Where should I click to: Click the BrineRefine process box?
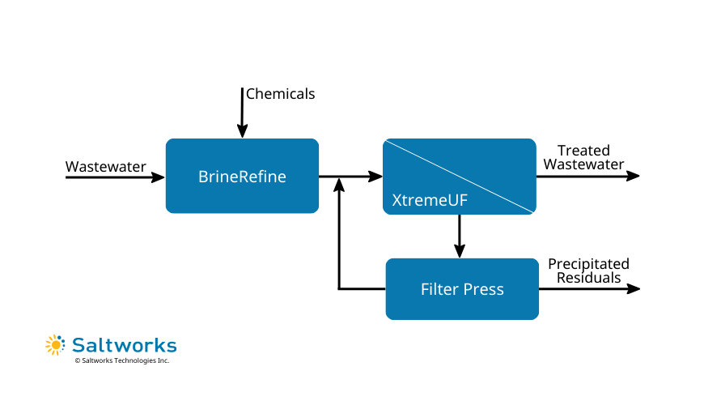click(242, 176)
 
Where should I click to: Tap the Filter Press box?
click(462, 289)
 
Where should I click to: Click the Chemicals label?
click(280, 94)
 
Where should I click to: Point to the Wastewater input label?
click(106, 167)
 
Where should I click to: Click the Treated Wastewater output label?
click(583, 158)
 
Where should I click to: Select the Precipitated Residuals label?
click(588, 271)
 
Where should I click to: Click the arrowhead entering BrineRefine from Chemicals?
click(242, 132)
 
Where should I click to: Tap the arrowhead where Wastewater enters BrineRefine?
click(159, 176)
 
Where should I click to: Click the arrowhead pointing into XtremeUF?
click(376, 176)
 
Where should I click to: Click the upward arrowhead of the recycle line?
click(339, 184)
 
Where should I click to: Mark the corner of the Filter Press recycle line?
click(339, 289)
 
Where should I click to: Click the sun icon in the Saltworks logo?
click(55, 344)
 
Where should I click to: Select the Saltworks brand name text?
click(124, 345)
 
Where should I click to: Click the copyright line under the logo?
click(121, 360)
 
